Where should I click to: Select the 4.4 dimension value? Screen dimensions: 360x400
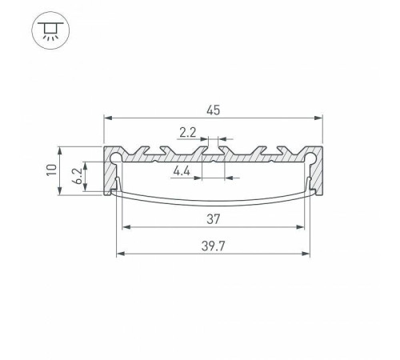[181, 170]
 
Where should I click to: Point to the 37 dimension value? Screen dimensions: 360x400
[212, 218]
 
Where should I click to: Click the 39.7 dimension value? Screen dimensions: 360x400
[213, 247]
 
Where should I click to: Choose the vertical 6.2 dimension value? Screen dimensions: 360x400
[74, 178]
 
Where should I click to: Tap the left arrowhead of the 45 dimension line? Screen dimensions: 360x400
[107, 118]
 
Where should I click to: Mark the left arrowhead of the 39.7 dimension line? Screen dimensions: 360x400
[120, 255]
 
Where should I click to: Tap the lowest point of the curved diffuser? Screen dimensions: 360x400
[213, 206]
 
